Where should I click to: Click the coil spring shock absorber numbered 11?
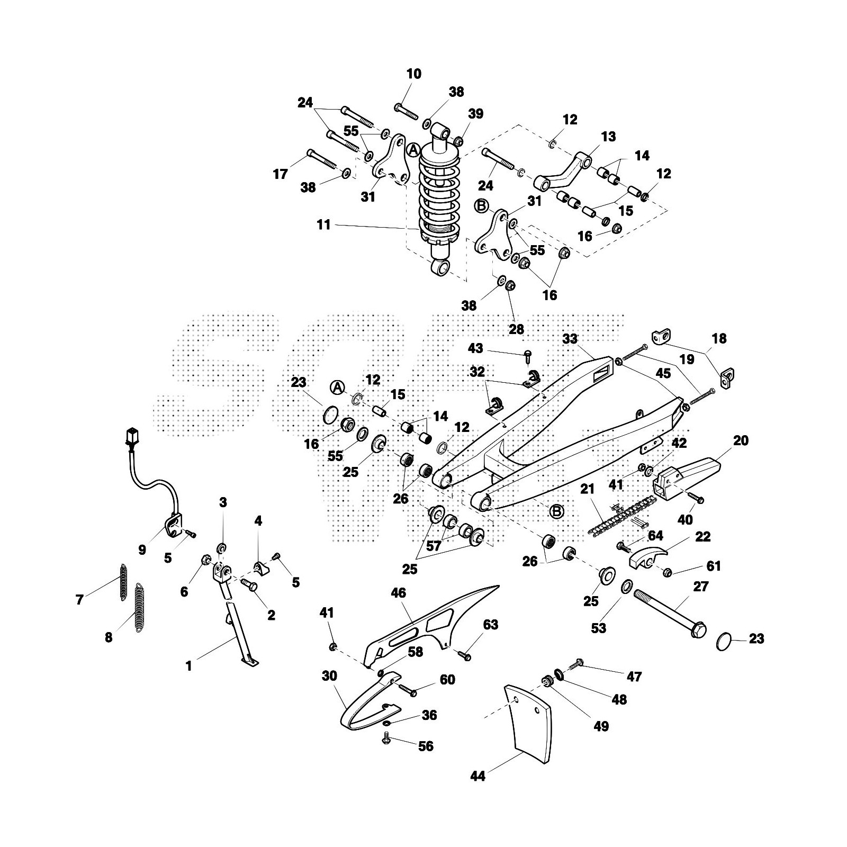pyautogui.click(x=438, y=201)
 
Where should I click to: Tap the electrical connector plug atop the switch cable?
pyautogui.click(x=132, y=437)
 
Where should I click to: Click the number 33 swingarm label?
pyautogui.click(x=570, y=338)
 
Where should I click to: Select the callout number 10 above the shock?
pyautogui.click(x=414, y=74)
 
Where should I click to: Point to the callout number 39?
pyautogui.click(x=475, y=113)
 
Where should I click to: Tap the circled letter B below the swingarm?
pyautogui.click(x=556, y=511)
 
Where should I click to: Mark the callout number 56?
pyautogui.click(x=426, y=746)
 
